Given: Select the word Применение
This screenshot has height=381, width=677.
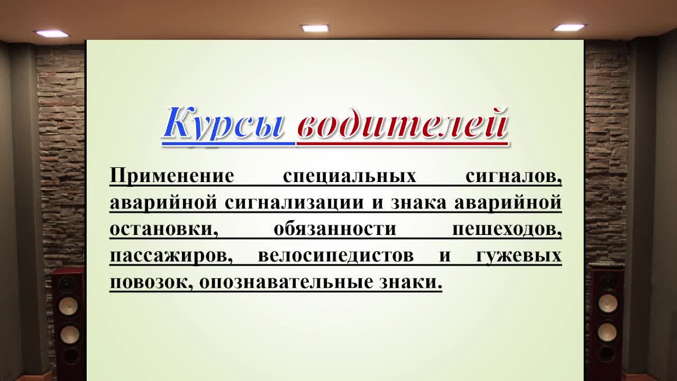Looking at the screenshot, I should tap(171, 176).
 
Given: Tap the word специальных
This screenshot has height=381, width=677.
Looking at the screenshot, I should tap(350, 176).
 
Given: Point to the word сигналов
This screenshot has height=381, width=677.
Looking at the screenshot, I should tap(513, 176).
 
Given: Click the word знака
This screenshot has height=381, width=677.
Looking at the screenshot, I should tap(418, 203).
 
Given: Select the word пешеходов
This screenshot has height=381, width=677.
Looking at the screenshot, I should tap(507, 229).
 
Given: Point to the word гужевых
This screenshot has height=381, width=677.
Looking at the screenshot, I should tap(518, 256).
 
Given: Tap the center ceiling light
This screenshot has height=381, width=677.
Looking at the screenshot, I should tap(315, 28).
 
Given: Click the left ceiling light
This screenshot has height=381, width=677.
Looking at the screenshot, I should tap(52, 34).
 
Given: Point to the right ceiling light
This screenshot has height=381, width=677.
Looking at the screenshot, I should tap(569, 28).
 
